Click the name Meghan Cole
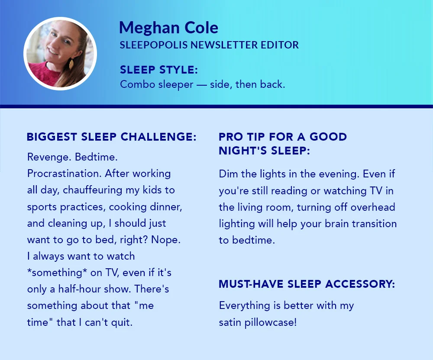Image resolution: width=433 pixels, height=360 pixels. click(x=168, y=28)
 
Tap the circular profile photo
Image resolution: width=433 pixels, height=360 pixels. click(x=60, y=54)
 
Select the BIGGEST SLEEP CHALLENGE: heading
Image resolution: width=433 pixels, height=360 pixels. click(x=112, y=137)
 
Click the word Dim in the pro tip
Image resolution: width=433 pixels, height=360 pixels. click(x=229, y=174)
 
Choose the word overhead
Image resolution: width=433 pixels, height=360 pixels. click(x=373, y=207)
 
